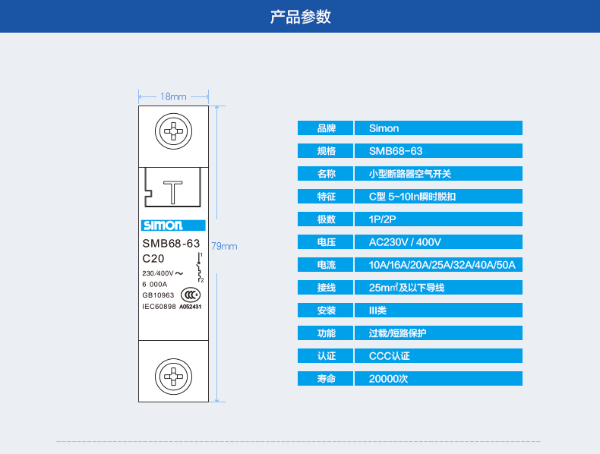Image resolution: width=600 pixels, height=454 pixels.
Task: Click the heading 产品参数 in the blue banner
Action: pyautogui.click(x=300, y=17)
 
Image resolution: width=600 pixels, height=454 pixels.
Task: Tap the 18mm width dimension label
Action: pyautogui.click(x=173, y=96)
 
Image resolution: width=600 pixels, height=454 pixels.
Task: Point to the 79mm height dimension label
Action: pyautogui.click(x=224, y=246)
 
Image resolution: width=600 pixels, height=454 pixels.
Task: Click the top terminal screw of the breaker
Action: pyautogui.click(x=174, y=132)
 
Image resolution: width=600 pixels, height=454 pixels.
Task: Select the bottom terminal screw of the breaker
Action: pyautogui.click(x=174, y=376)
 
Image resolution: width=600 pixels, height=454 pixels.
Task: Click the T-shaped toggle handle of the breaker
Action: pyautogui.click(x=174, y=192)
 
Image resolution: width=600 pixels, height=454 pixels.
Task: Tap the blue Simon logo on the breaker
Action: pyautogui.click(x=162, y=225)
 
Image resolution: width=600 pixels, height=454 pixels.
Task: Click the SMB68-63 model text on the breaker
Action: pyautogui.click(x=171, y=244)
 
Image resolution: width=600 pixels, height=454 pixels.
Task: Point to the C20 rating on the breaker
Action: pyautogui.click(x=153, y=259)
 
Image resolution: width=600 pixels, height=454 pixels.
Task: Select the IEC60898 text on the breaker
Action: pyautogui.click(x=159, y=307)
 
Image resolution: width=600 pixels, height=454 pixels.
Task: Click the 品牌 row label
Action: pyautogui.click(x=326, y=128)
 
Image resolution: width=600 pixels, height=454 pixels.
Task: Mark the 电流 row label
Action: pyautogui.click(x=326, y=265)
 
